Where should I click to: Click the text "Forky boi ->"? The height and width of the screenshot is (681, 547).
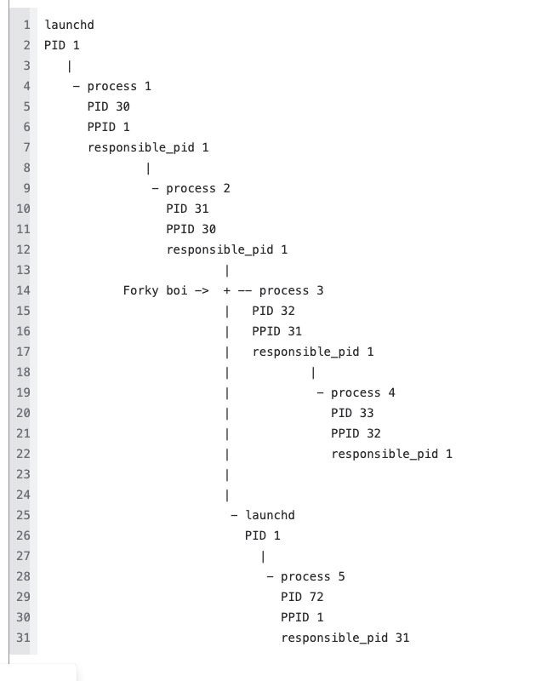point(166,290)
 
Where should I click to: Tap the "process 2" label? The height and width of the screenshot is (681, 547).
point(198,188)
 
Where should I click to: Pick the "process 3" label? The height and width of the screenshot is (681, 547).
point(291,290)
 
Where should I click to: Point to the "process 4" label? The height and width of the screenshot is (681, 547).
point(362,392)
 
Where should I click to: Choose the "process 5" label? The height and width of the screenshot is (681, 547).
point(312,576)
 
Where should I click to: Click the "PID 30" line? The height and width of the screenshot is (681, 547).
point(108,106)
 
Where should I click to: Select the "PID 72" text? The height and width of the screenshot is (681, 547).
point(302,597)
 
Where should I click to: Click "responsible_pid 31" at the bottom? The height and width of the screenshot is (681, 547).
point(345,638)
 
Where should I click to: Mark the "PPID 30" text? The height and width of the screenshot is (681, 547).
point(191,229)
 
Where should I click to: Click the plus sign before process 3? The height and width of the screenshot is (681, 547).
point(227,290)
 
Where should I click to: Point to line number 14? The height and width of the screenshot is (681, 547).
point(23,290)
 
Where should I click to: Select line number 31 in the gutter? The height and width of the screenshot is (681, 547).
point(23,638)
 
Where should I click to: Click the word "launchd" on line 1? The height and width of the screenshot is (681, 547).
point(69,25)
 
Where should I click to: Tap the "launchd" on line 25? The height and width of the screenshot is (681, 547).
point(270,515)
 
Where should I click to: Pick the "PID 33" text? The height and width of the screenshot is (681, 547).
point(352,413)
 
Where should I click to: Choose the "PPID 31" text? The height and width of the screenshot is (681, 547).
point(276,331)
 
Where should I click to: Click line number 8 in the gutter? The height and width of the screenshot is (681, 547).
point(26,168)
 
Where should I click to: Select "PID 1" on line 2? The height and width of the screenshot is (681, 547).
point(61,45)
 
